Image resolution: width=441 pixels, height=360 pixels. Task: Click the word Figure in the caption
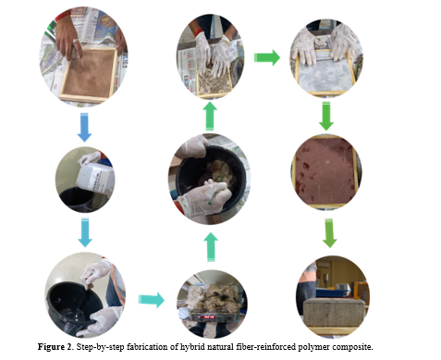pos(51,347)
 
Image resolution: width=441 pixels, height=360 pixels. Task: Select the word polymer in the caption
pos(313,347)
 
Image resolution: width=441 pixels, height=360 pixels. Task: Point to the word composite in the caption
pos(352,347)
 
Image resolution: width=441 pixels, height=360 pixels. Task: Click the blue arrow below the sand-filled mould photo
pos(84,127)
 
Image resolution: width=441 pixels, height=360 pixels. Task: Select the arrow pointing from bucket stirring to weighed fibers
pos(151,300)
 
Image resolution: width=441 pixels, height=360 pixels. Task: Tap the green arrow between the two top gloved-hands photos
pos(267,57)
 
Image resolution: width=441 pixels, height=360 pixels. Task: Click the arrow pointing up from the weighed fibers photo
pos(211,247)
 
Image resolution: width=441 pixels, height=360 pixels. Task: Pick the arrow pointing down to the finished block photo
pos(329,233)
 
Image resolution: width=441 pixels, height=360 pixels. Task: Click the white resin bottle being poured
pos(95,178)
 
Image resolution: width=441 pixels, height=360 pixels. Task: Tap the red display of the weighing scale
pos(206,317)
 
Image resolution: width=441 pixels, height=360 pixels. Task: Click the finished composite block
pos(334,313)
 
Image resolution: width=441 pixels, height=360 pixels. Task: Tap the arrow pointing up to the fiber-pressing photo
pos(210,117)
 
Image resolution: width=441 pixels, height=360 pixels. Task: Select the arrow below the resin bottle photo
pos(85,232)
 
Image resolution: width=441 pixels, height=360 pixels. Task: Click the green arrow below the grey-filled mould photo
pos(326,117)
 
